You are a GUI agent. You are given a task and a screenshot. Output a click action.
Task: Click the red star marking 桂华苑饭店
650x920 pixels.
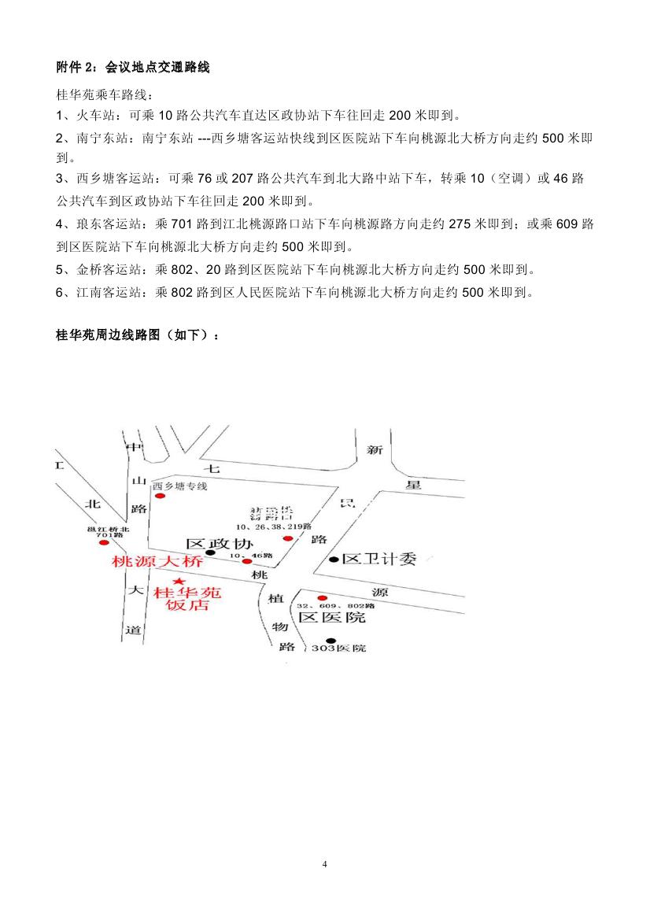[183, 581]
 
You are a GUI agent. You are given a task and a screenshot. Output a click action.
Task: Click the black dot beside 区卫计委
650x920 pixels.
[334, 560]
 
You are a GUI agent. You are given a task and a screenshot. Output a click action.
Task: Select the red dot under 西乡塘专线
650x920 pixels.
[161, 497]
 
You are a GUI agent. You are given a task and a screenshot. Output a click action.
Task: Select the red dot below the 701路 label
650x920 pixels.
[101, 543]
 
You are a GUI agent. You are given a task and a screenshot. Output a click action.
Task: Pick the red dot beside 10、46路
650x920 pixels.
[247, 561]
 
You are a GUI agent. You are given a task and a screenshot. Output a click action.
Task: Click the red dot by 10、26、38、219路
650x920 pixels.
[288, 539]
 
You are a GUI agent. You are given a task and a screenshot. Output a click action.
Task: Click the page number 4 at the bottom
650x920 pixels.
[325, 864]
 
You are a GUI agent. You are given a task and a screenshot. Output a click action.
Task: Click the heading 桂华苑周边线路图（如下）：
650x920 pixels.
[138, 334]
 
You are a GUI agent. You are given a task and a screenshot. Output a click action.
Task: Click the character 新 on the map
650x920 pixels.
[375, 449]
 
